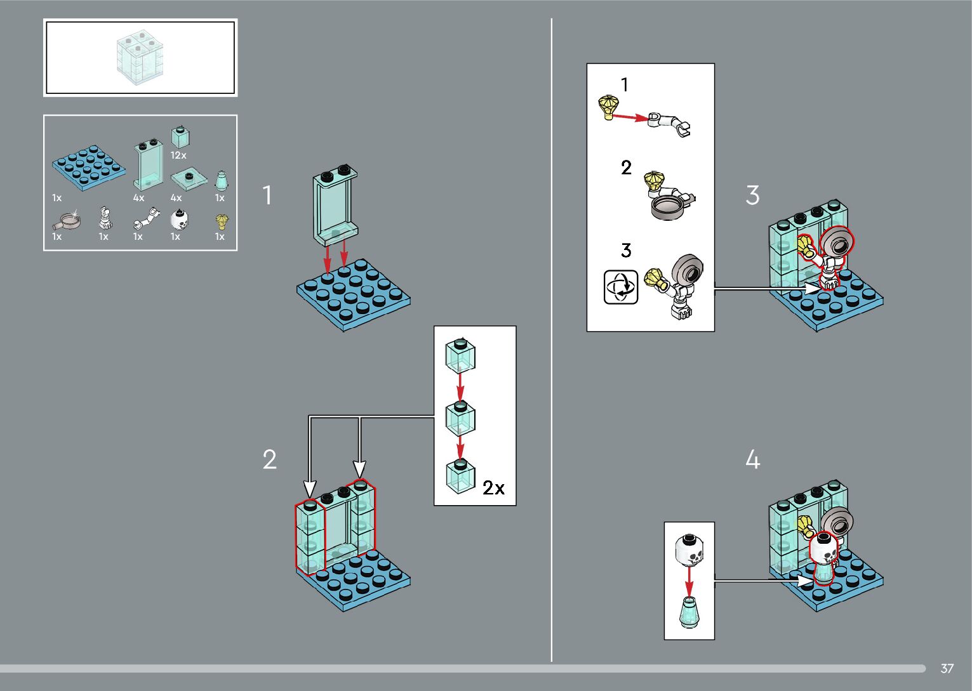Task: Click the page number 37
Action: pos(947,668)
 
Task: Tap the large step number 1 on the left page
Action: pos(267,195)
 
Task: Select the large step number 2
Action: pos(270,459)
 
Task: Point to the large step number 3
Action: pos(752,195)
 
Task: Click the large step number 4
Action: pos(752,459)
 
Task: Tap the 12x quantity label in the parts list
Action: pos(178,155)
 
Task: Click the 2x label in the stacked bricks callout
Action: pos(493,487)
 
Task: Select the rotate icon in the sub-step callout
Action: pos(620,287)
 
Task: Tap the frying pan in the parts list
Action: pos(67,221)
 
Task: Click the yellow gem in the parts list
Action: pos(222,221)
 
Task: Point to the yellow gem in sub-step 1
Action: pos(609,105)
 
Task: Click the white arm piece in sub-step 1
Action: pos(670,122)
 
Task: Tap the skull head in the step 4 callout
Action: pos(689,550)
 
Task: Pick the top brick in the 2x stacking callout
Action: pos(460,356)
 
